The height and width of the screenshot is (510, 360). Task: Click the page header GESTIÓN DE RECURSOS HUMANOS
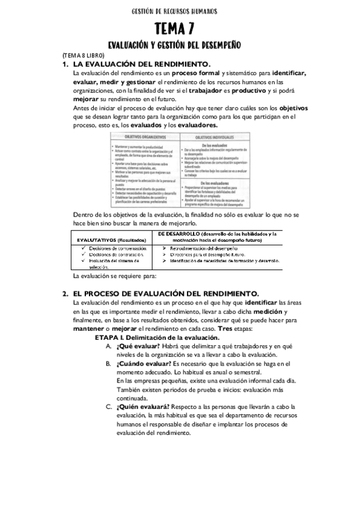pyautogui.click(x=174, y=11)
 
